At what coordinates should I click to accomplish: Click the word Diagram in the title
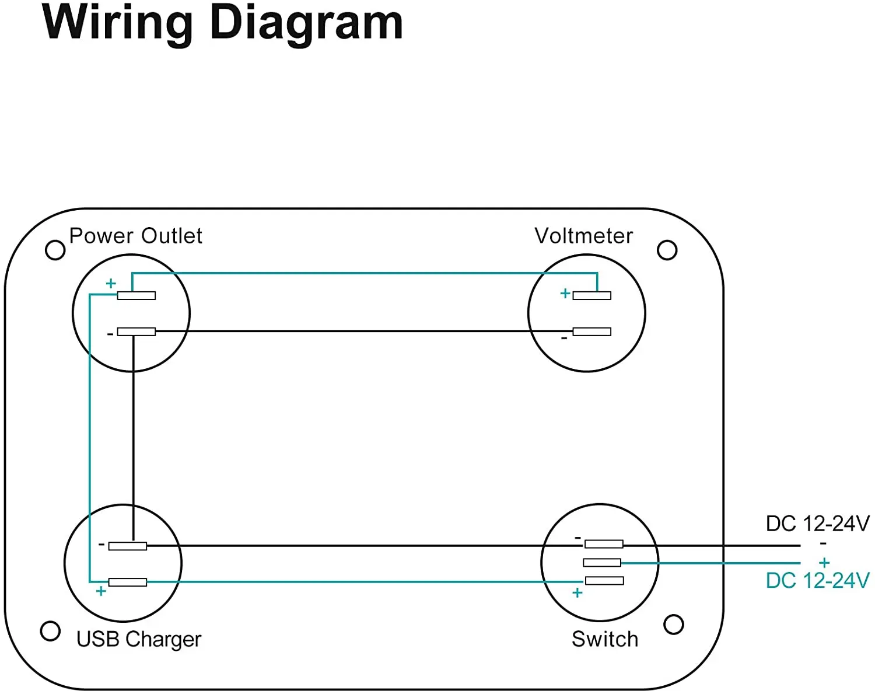pyautogui.click(x=306, y=23)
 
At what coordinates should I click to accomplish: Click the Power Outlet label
pyautogui.click(x=135, y=236)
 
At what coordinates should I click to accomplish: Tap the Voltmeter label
pyautogui.click(x=583, y=236)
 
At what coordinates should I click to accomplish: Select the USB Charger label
pyautogui.click(x=139, y=639)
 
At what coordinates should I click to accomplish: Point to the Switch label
pyautogui.click(x=605, y=639)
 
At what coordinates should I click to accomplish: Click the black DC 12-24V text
pyautogui.click(x=817, y=524)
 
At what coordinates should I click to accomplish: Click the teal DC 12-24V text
pyautogui.click(x=817, y=581)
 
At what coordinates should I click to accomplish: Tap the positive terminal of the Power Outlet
pyautogui.click(x=136, y=295)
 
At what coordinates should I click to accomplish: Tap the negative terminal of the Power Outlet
pyautogui.click(x=136, y=332)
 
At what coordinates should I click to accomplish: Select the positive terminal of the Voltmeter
pyautogui.click(x=591, y=295)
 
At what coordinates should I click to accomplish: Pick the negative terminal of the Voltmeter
pyautogui.click(x=591, y=332)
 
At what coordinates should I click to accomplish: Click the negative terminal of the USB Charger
pyautogui.click(x=128, y=546)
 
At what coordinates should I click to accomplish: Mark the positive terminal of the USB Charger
pyautogui.click(x=128, y=582)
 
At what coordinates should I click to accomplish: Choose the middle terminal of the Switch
pyautogui.click(x=602, y=562)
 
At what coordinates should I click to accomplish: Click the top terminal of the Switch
pyautogui.click(x=604, y=544)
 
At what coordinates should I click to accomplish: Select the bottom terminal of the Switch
pyautogui.click(x=604, y=580)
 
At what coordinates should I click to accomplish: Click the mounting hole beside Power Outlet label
pyautogui.click(x=55, y=250)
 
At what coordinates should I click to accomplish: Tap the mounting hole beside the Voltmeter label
pyautogui.click(x=667, y=250)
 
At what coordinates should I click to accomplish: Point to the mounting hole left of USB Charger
pyautogui.click(x=50, y=631)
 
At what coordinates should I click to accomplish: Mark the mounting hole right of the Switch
pyautogui.click(x=674, y=625)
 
